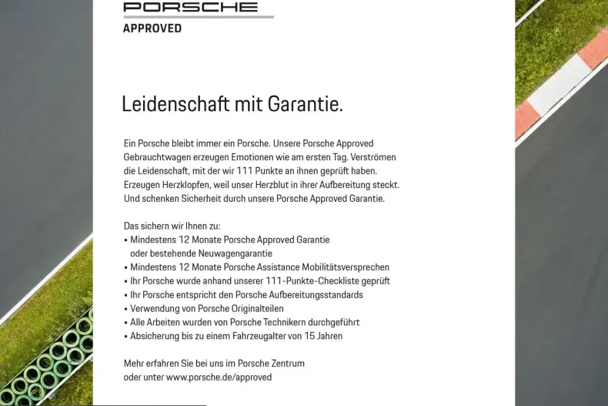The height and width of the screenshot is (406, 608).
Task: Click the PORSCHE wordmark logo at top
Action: tap(190, 7)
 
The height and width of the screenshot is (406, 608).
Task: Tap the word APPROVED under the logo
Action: tap(152, 29)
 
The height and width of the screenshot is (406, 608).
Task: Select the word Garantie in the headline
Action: tap(305, 104)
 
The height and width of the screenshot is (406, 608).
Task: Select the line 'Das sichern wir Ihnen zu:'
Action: tap(172, 226)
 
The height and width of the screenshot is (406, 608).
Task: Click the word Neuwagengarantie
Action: tap(229, 253)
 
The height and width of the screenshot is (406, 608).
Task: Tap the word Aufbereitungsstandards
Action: tap(315, 295)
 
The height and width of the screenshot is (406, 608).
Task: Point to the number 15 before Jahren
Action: tap(308, 337)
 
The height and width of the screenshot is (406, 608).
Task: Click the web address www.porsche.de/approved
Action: tap(219, 377)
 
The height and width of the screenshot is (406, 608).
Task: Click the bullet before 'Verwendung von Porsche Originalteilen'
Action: tap(125, 309)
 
